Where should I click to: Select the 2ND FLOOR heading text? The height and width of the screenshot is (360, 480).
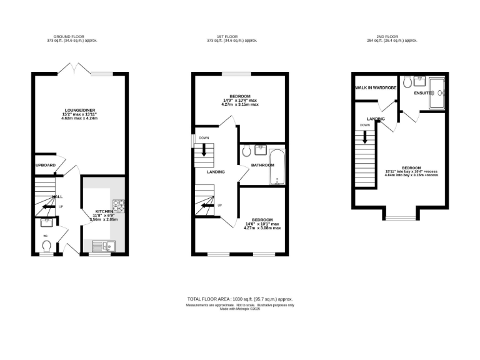coord(391,37)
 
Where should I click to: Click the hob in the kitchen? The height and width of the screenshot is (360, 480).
coord(118,204)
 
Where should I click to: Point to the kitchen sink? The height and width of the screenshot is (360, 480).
coord(100,246)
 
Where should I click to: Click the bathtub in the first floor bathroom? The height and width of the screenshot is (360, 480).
coord(276,167)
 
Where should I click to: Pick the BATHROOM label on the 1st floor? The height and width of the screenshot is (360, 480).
coord(262,165)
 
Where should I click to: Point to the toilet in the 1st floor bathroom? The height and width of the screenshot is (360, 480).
coord(246,150)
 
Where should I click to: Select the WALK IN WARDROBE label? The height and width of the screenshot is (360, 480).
coord(376,87)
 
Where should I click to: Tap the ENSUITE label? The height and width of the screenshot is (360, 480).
coord(414,93)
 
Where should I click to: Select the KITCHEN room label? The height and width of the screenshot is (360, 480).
coord(102,212)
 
